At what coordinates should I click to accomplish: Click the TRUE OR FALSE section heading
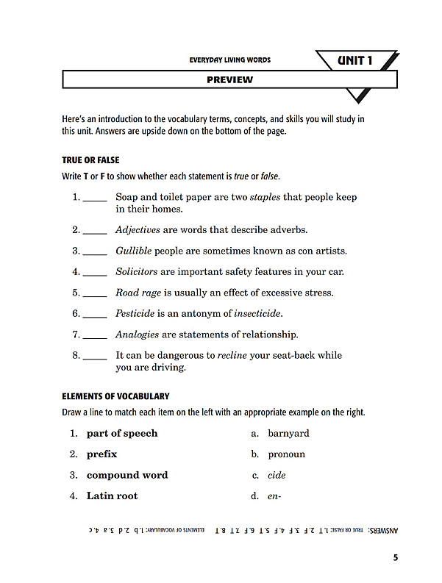coord(91,160)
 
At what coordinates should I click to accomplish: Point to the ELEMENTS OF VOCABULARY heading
coord(115,396)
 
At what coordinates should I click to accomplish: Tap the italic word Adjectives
coord(138,229)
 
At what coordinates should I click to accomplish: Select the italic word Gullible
coord(133,251)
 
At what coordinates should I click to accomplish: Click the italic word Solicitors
coord(137,271)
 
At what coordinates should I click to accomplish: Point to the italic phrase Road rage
coord(138,293)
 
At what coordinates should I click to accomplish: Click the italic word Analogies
coord(137,335)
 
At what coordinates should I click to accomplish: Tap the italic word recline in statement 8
coord(237,355)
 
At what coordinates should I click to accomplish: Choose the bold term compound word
coord(127,475)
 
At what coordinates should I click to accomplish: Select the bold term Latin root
coord(112,496)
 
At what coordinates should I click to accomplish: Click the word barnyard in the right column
coord(288,433)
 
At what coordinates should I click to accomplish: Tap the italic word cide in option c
coord(277,475)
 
